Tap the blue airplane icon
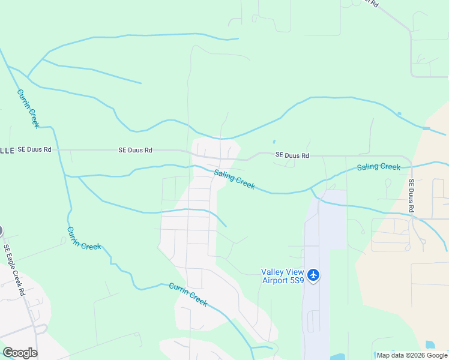click(x=313, y=275)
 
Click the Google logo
click(x=20, y=353)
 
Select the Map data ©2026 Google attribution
click(x=412, y=355)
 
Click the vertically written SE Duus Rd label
click(x=411, y=196)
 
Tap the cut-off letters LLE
click(x=7, y=150)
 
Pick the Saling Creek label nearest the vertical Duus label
click(x=378, y=167)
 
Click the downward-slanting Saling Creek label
click(x=235, y=179)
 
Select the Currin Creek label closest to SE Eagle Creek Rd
click(x=83, y=238)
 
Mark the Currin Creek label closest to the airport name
click(x=188, y=294)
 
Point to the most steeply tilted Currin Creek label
click(x=28, y=109)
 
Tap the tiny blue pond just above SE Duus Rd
click(x=274, y=142)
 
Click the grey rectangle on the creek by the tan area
click(x=426, y=128)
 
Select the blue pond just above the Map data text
click(x=430, y=345)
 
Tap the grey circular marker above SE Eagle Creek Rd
click(x=1, y=230)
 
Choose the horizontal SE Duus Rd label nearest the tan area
click(x=292, y=155)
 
